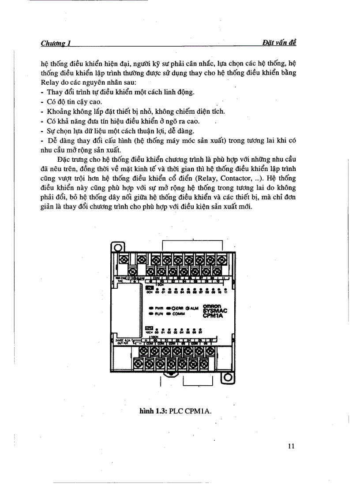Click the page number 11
pos(291,446)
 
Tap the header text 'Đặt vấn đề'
pos(279,42)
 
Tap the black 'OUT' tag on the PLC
pos(149,328)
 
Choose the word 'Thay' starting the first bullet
pos(53,92)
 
